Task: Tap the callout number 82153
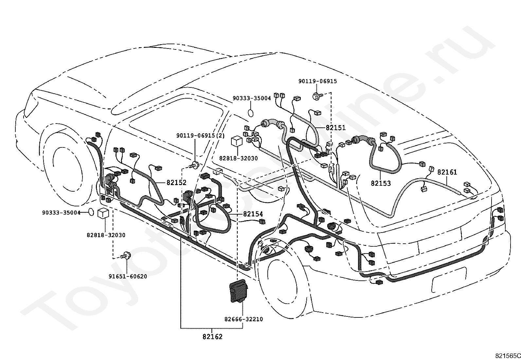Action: coord(381,183)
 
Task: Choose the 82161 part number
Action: coord(447,172)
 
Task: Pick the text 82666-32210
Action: coord(243,319)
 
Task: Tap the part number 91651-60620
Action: coord(128,276)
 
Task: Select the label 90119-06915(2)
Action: coord(200,135)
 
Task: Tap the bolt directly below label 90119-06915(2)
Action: coord(195,165)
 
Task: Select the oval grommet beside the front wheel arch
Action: coord(91,212)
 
